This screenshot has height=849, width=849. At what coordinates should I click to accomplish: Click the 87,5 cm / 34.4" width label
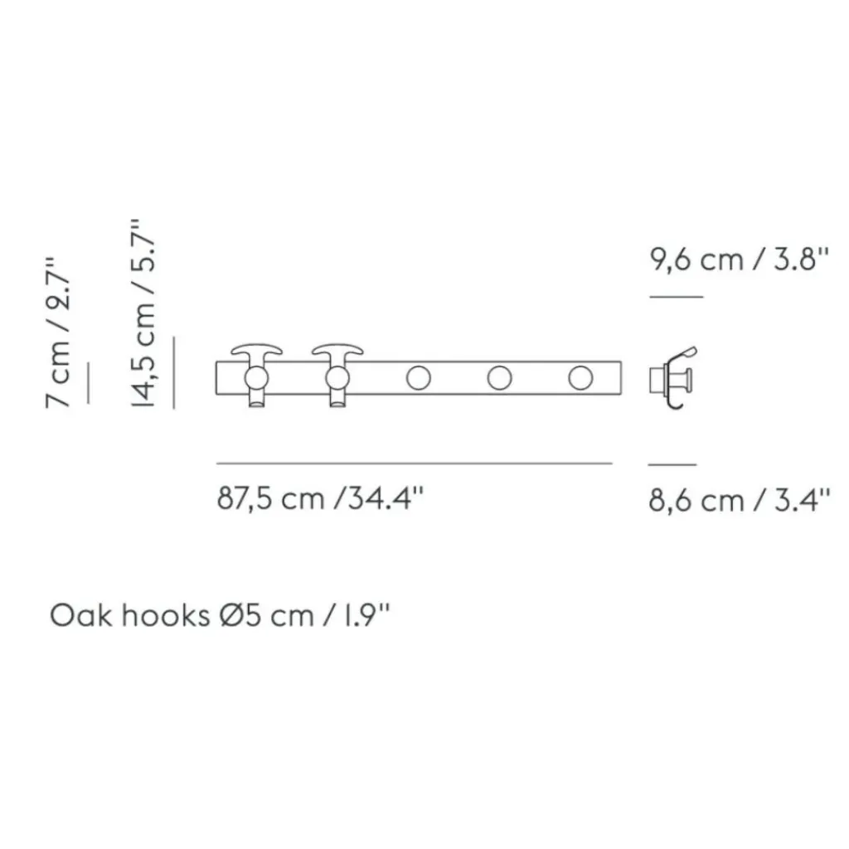[x=319, y=498]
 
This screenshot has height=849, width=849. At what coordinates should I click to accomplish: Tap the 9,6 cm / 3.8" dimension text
[x=739, y=260]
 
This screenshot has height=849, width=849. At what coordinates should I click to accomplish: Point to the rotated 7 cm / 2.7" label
[x=58, y=332]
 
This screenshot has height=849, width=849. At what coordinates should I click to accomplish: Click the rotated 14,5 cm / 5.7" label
[x=143, y=313]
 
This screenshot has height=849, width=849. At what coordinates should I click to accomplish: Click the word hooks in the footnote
[x=165, y=615]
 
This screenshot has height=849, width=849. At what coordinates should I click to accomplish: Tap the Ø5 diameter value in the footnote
[x=240, y=615]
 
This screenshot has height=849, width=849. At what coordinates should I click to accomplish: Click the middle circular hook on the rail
[x=419, y=378]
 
